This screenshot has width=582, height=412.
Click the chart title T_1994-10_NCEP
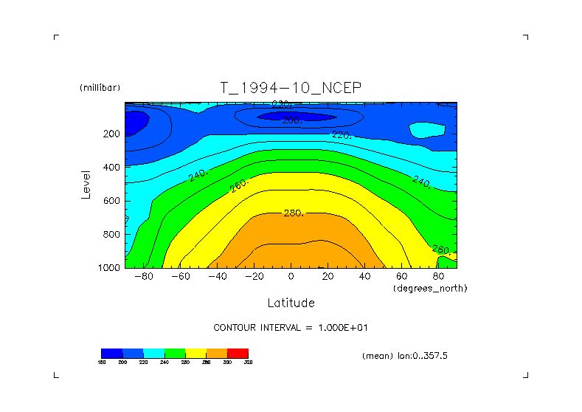(291, 88)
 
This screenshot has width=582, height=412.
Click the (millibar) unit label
(99, 88)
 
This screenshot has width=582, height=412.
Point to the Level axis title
(86, 185)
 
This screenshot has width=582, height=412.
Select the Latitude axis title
(291, 303)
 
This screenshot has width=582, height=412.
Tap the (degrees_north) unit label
(430, 287)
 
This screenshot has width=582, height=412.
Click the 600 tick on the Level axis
(111, 201)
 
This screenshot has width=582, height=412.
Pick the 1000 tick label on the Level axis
(108, 268)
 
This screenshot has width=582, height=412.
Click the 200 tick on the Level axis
(111, 134)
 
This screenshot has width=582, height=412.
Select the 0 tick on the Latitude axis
(291, 276)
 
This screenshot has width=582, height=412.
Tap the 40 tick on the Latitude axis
(364, 276)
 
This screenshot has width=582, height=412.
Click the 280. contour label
(294, 213)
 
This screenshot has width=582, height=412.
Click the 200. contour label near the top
(291, 120)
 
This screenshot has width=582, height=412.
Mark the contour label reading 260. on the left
(240, 185)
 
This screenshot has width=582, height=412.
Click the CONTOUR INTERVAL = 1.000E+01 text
(291, 327)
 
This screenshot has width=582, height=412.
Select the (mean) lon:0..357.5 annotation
(404, 355)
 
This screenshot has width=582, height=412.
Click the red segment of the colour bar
(238, 353)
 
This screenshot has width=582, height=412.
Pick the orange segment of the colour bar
(217, 353)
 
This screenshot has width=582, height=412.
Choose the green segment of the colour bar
(175, 353)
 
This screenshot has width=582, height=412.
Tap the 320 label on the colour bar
(248, 362)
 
